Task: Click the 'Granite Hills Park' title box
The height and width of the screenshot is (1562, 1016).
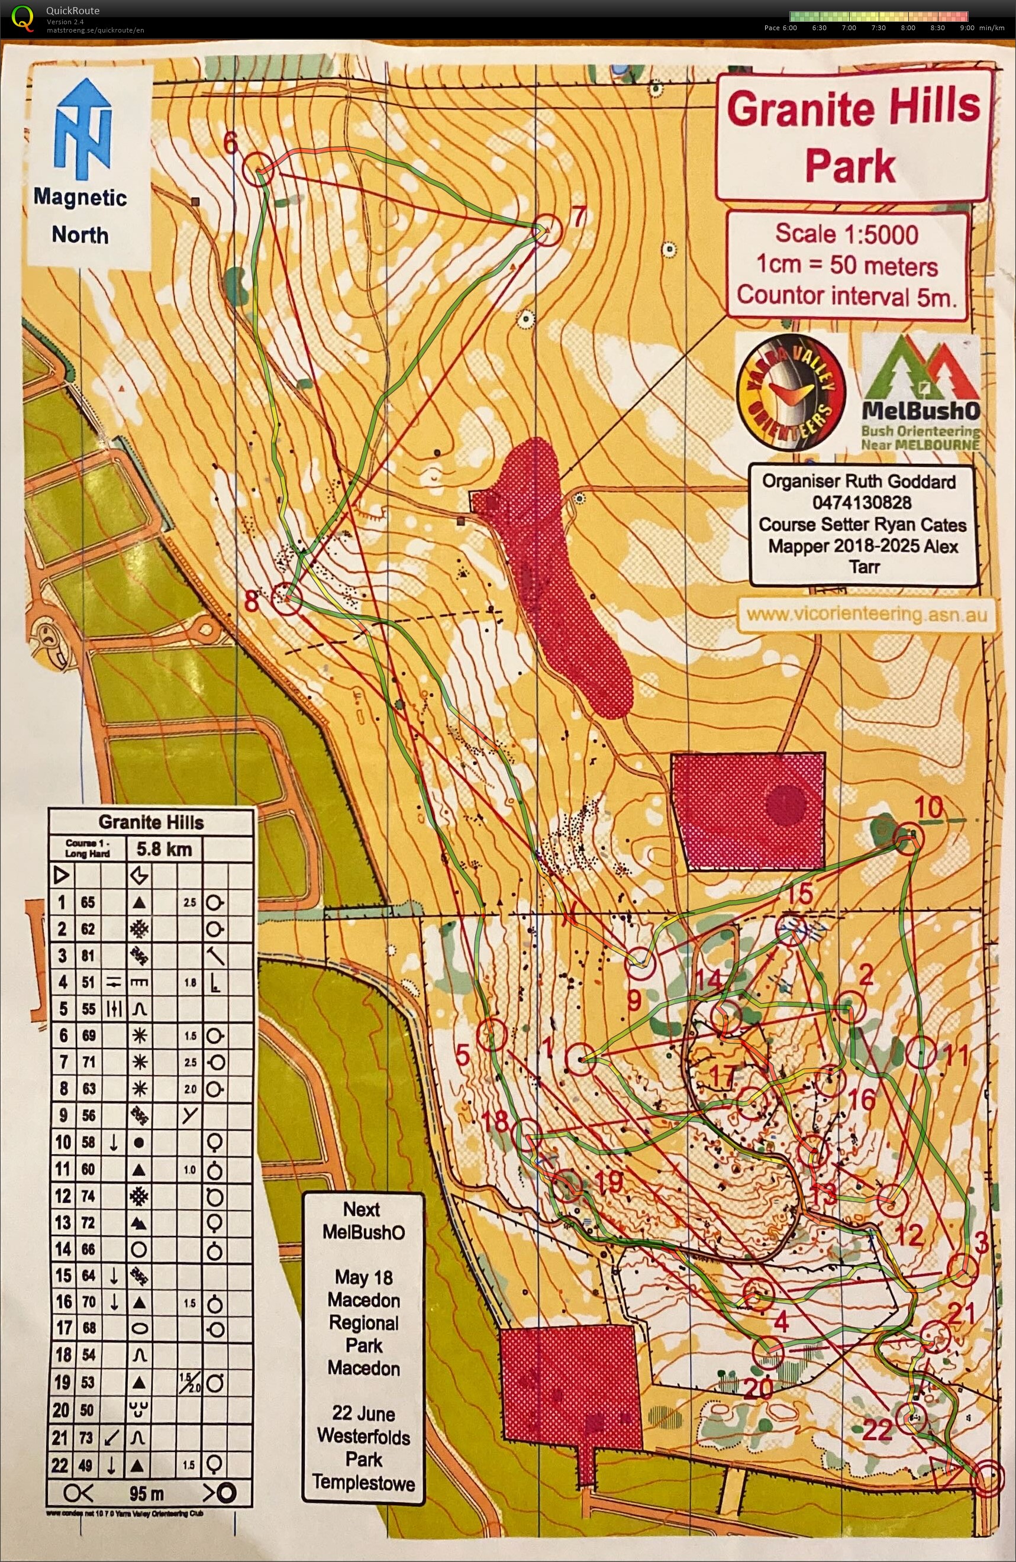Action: [x=852, y=136]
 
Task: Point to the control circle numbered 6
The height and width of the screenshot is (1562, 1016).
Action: [x=258, y=168]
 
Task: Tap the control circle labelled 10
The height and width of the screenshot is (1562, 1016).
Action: [x=908, y=838]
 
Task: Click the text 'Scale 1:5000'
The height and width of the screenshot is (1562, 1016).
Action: [x=847, y=234]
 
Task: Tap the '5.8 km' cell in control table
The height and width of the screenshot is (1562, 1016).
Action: [x=164, y=850]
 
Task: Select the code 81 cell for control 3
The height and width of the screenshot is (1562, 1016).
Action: [x=88, y=956]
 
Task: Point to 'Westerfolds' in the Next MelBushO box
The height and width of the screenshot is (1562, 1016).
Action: [x=363, y=1437]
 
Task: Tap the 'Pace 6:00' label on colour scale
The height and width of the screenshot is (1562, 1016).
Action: [x=780, y=28]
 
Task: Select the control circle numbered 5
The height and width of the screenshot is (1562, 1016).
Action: [x=492, y=1035]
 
